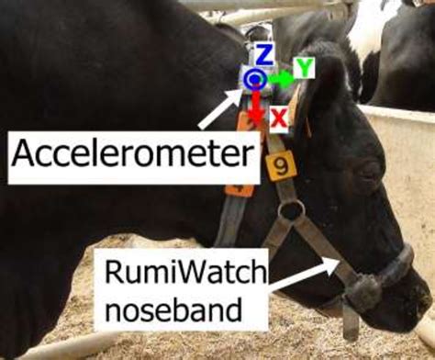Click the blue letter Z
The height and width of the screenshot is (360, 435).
[263, 55]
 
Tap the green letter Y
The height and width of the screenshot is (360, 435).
[304, 67]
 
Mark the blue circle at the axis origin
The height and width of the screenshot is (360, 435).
[255, 81]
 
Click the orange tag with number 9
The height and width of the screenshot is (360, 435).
[280, 166]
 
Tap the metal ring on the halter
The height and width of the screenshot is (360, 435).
[292, 212]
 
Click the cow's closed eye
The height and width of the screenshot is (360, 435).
[370, 171]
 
